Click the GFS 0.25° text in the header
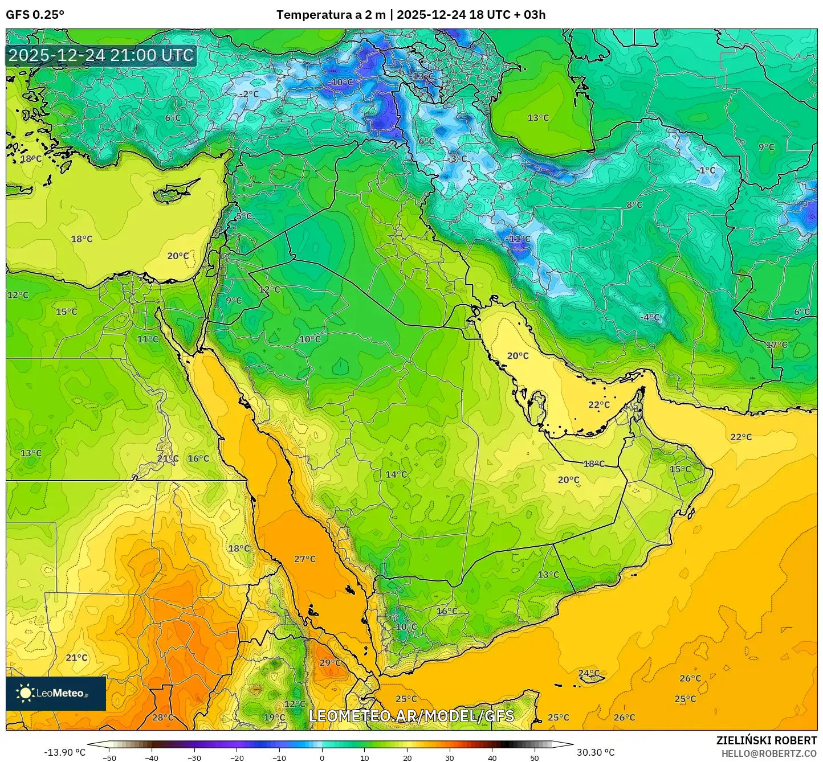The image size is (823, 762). pyautogui.click(x=35, y=15)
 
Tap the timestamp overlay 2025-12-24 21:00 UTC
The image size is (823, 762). pyautogui.click(x=101, y=56)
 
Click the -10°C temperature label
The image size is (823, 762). pyautogui.click(x=341, y=82)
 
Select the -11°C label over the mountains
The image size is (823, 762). pyautogui.click(x=518, y=239)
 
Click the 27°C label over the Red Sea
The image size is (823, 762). pyautogui.click(x=305, y=559)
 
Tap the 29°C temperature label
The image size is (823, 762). pyautogui.click(x=330, y=662)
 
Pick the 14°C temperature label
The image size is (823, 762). pyautogui.click(x=396, y=474)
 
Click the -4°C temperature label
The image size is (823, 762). pyautogui.click(x=650, y=317)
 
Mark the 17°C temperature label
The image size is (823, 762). pyautogui.click(x=776, y=345)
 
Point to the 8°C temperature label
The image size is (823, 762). pyautogui.click(x=634, y=205)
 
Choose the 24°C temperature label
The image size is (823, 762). pyautogui.click(x=589, y=673)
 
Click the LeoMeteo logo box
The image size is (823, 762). pyautogui.click(x=56, y=693)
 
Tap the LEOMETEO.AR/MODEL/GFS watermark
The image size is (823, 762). pyautogui.click(x=411, y=716)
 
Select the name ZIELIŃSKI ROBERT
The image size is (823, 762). pyautogui.click(x=767, y=740)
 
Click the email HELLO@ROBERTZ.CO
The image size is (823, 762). pyautogui.click(x=769, y=753)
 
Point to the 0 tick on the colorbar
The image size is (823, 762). pyautogui.click(x=322, y=757)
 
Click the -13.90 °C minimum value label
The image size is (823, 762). pyautogui.click(x=64, y=752)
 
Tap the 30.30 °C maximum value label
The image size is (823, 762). pyautogui.click(x=596, y=752)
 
